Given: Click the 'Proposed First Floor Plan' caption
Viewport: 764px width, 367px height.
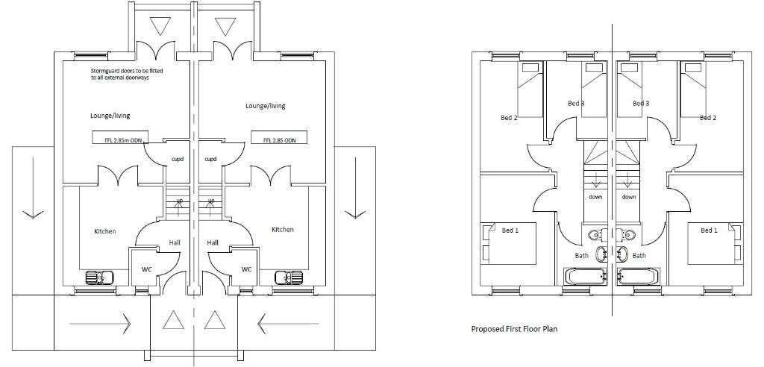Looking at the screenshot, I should pos(514,328).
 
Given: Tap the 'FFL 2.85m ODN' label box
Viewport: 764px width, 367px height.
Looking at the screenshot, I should pos(119,138).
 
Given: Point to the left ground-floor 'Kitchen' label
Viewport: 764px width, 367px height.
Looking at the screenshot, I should pos(105,231).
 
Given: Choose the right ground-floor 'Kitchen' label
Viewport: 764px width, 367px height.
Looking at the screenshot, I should pos(282,230).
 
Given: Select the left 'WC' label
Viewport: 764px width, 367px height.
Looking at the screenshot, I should pos(146,269).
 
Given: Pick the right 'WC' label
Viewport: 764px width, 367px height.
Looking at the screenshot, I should pos(246,269).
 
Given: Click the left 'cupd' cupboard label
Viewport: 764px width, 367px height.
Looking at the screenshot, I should pos(178,159).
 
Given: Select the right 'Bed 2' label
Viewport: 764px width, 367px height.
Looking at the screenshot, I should pos(708,118).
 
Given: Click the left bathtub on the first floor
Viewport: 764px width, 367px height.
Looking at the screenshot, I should pos(589,277).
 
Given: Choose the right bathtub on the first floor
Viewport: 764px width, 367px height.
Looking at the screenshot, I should pos(639,277).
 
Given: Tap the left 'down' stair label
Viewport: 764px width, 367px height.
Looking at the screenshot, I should pos(595,197).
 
